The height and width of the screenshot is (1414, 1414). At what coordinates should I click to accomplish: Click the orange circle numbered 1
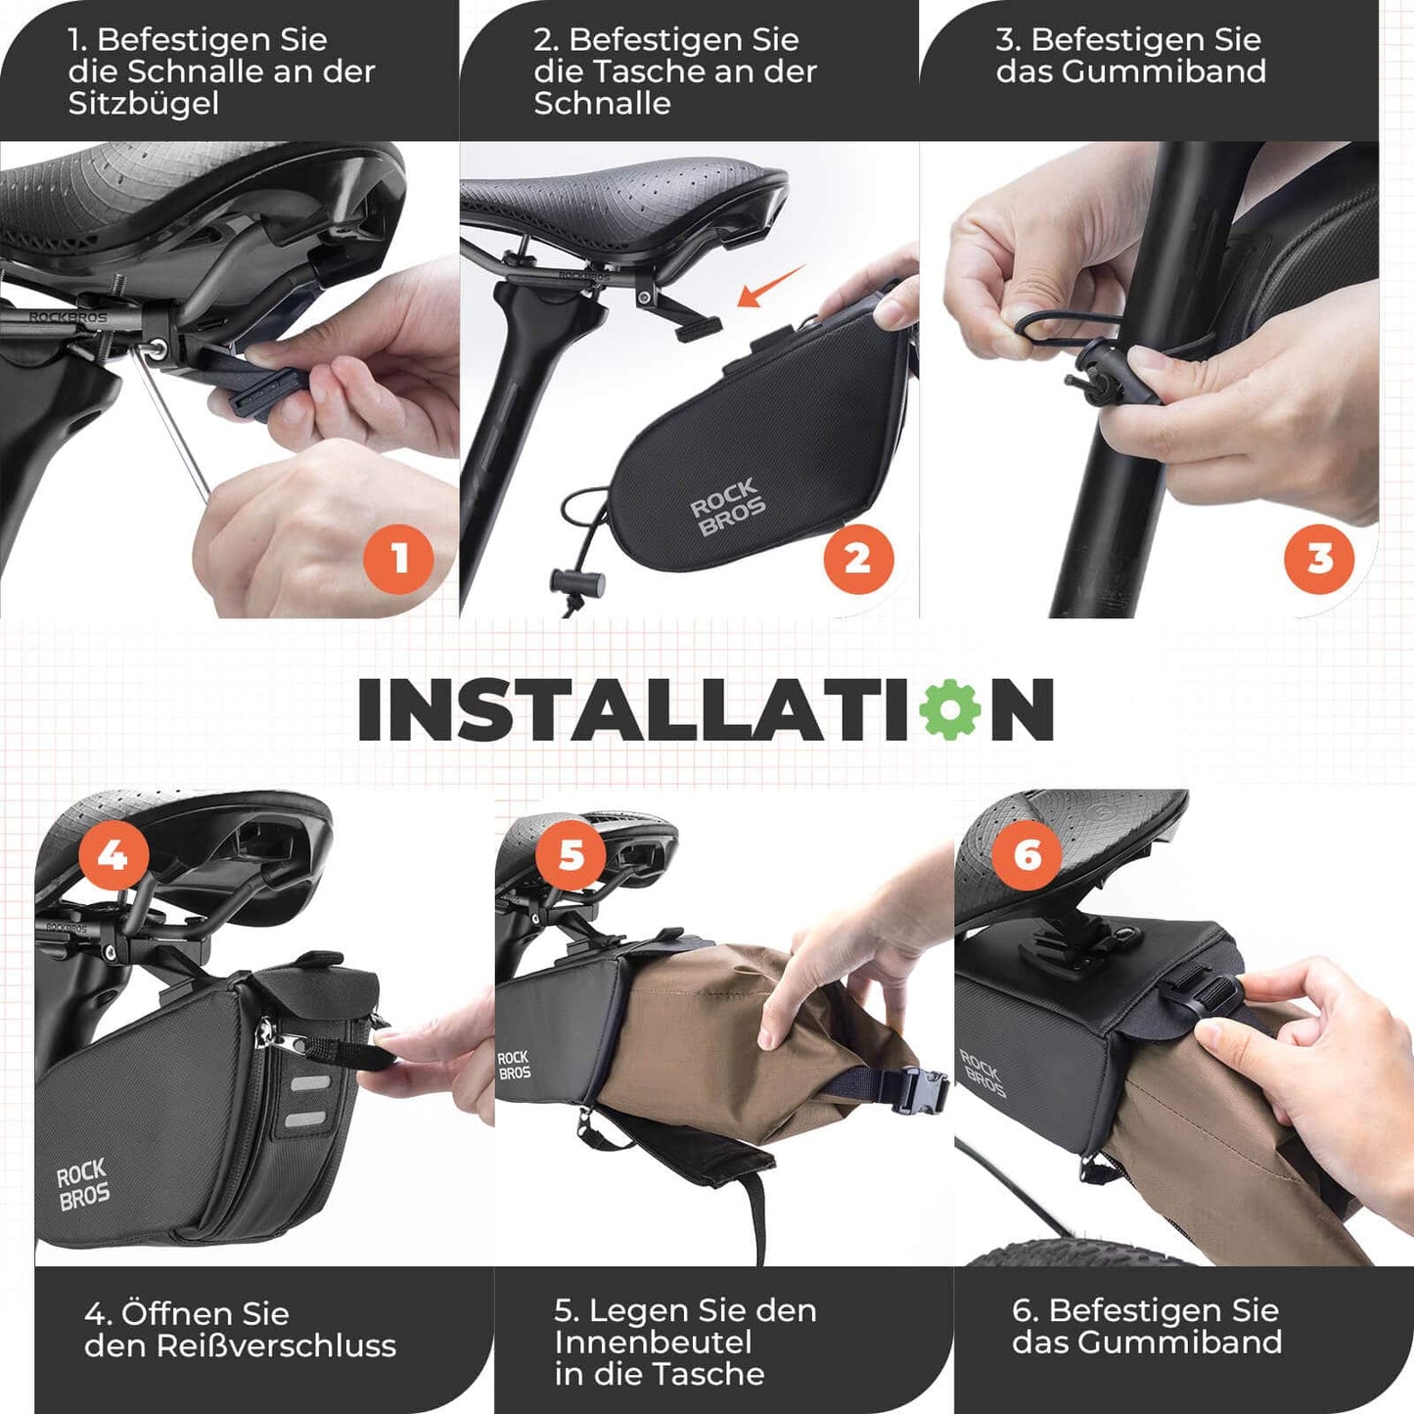coord(398,559)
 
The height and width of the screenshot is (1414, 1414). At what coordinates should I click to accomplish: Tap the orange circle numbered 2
coord(858,559)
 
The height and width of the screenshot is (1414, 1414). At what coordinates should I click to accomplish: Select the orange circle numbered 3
coord(1319,559)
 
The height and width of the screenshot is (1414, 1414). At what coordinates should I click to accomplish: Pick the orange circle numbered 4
coord(114,855)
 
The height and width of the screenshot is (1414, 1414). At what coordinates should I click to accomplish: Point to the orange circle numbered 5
coord(570,855)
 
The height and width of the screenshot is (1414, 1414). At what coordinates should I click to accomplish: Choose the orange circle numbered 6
coord(1026,855)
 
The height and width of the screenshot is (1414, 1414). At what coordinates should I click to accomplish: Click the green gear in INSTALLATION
coord(950,709)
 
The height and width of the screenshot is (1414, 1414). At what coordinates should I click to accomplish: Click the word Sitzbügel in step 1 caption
coord(143,104)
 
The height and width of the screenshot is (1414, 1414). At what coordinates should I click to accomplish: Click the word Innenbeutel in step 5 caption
coord(653,1342)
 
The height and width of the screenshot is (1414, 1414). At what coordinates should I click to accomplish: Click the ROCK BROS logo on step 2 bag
coord(727,507)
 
